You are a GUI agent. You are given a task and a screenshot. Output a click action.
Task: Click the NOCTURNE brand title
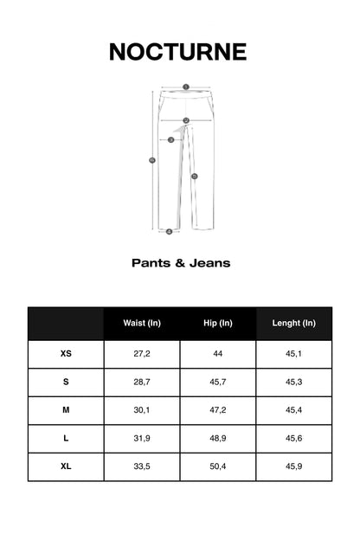coord(177,52)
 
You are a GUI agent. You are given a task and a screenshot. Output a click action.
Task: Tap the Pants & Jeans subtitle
coord(181,262)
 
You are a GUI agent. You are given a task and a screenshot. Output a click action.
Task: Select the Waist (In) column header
coord(142,323)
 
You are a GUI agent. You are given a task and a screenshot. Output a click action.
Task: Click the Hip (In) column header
coord(218,323)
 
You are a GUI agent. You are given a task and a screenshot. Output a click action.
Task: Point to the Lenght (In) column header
coord(293,323)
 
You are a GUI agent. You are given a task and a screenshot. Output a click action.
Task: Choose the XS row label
coord(66,354)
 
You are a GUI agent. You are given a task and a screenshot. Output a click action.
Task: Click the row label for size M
coord(66,410)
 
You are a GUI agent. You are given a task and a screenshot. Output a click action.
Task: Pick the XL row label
coord(66,466)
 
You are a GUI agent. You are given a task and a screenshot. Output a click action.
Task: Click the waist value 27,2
coord(142,354)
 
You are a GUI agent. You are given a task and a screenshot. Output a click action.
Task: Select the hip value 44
coord(218,354)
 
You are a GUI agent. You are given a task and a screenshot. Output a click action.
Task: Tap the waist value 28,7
coord(142,382)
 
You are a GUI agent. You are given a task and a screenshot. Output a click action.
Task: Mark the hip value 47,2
coord(218,410)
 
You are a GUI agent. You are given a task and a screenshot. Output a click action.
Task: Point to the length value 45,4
coord(293,410)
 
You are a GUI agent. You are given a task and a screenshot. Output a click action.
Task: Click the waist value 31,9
coord(142,438)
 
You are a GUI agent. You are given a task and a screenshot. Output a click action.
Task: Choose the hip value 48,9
coord(218,438)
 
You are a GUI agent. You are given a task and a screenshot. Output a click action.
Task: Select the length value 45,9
coord(293,466)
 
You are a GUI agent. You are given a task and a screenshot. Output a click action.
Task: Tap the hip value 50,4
coord(218,466)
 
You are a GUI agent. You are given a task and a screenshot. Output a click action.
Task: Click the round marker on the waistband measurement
coord(185,87)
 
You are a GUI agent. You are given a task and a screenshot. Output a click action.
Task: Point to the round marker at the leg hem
coord(169,231)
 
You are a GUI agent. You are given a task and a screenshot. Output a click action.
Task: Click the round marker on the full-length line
coord(152,159)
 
